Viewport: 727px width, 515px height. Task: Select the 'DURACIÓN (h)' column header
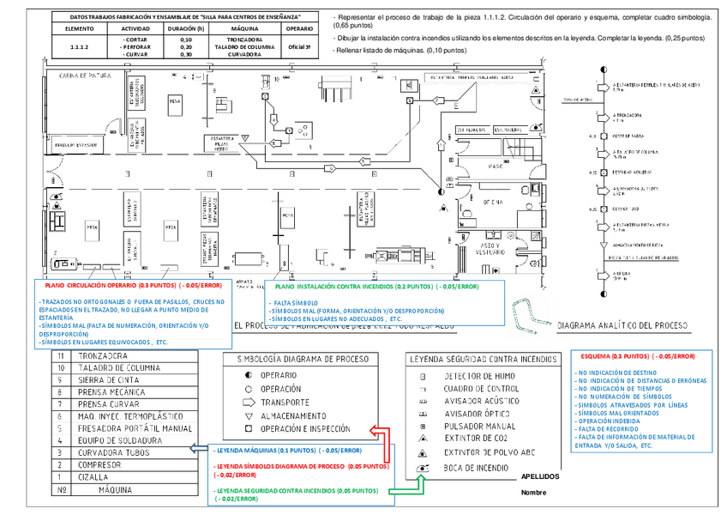coord(186,28)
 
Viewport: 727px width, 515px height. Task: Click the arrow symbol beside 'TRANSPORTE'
coord(249,401)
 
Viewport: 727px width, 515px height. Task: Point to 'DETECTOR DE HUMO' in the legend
coord(479,376)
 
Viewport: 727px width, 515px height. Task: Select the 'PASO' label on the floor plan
coord(495,165)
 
